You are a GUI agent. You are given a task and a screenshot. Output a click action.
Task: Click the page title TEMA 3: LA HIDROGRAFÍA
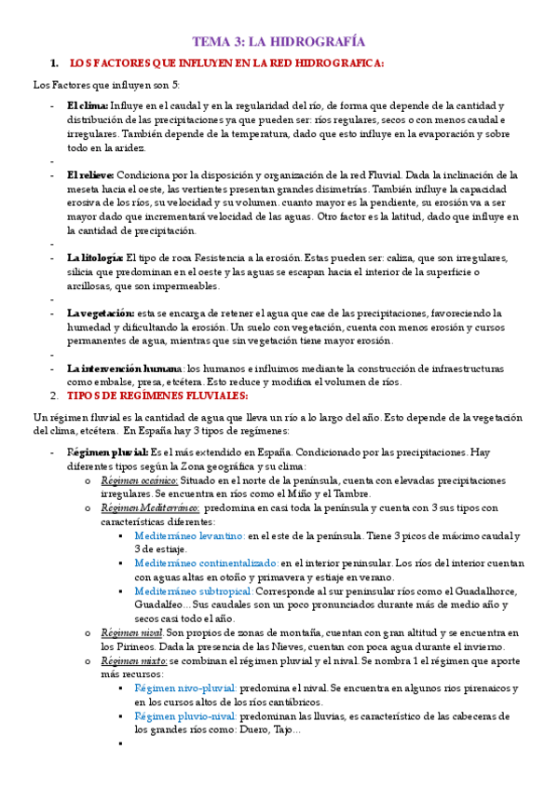pos(279,42)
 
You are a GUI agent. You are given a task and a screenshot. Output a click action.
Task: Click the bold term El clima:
pos(88,106)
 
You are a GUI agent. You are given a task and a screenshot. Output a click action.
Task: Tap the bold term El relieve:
pos(91,175)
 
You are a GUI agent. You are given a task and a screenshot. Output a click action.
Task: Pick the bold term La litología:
pos(95,257)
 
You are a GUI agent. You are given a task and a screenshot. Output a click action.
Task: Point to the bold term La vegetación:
pos(101,313)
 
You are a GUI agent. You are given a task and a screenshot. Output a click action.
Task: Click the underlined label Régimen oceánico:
pos(140,480)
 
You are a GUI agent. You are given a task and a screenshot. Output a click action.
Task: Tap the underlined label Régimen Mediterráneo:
pos(151,508)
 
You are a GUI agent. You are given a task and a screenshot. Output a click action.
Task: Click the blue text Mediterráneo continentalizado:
pos(206,564)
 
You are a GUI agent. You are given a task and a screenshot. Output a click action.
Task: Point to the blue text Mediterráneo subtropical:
pos(194,591)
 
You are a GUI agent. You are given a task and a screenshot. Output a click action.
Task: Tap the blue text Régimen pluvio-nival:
pos(184,715)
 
